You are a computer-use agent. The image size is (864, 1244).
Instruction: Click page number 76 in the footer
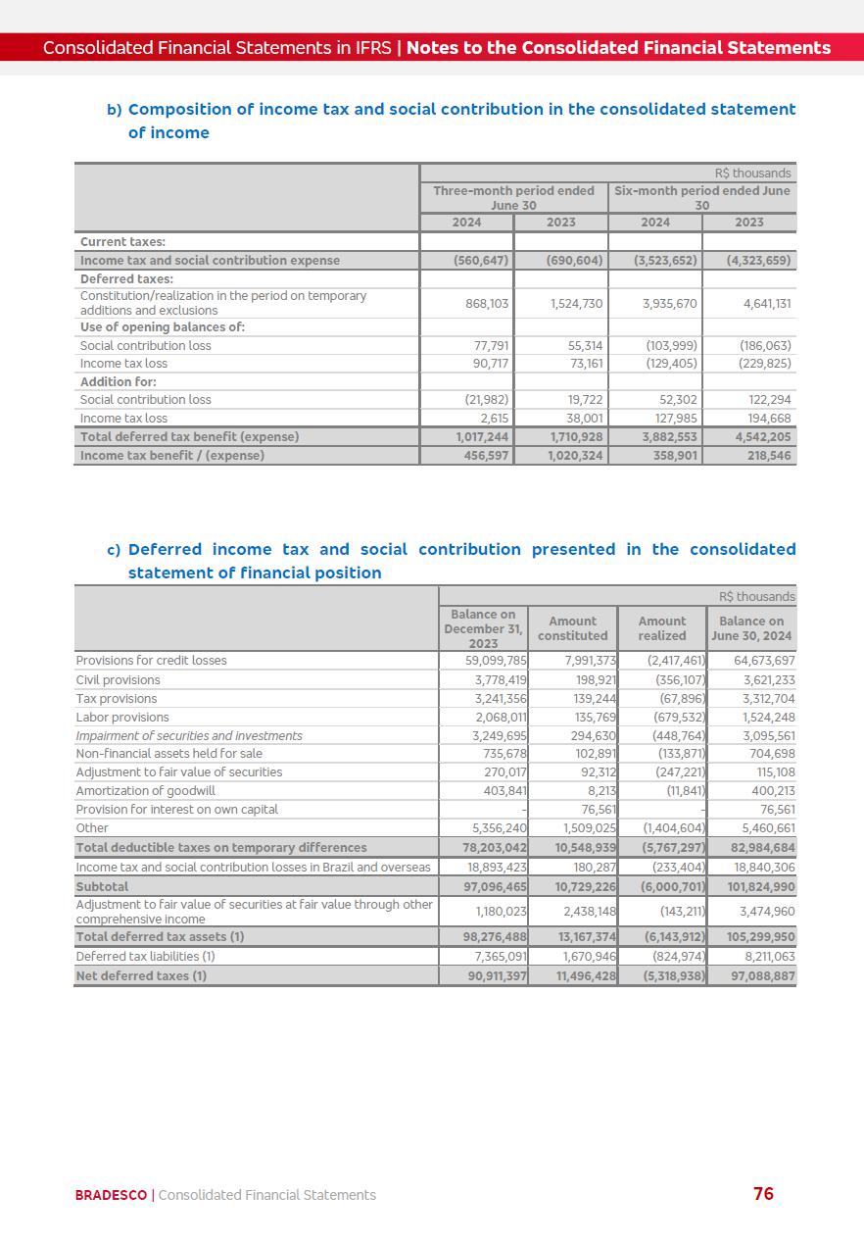point(763,1193)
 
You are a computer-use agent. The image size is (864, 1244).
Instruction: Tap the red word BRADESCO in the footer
point(111,1195)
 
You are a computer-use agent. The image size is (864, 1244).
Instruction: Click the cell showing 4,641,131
point(767,304)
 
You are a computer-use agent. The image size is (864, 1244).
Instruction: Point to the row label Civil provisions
point(118,679)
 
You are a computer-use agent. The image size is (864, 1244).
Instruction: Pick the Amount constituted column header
point(572,628)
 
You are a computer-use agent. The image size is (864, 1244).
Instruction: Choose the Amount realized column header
point(662,628)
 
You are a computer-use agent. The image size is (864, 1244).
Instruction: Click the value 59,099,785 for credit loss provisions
point(496,661)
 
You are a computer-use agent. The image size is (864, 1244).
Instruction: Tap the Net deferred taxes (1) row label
point(141,975)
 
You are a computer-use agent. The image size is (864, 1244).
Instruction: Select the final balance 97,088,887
point(761,975)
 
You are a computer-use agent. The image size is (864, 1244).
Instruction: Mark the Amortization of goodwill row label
point(145,791)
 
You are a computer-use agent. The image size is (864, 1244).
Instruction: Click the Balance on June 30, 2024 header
point(751,628)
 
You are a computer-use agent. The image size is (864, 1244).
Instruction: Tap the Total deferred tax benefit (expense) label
point(190,437)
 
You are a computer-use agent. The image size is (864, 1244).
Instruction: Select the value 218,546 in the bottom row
point(769,456)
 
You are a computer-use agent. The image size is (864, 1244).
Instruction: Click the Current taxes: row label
point(122,242)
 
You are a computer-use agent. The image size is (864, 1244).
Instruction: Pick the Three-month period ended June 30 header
point(513,198)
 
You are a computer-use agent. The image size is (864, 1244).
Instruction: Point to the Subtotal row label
point(102,886)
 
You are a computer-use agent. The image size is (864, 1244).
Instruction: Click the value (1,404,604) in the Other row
point(674,828)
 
